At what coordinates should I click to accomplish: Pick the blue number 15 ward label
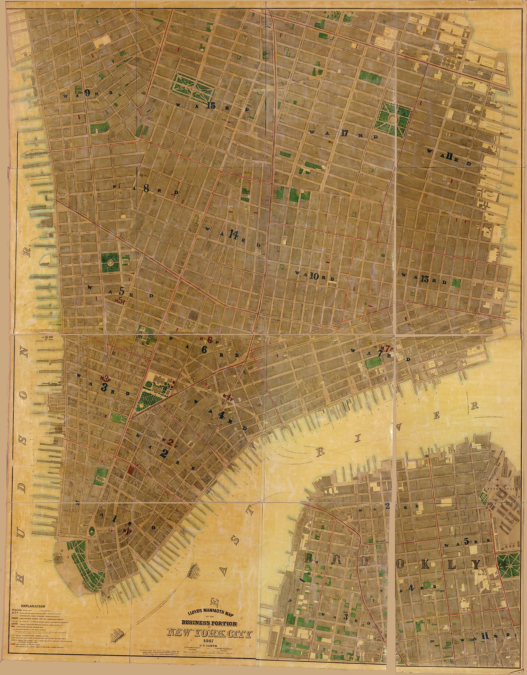211,106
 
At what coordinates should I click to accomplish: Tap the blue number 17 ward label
345,133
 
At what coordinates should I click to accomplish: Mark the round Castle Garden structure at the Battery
57,558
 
